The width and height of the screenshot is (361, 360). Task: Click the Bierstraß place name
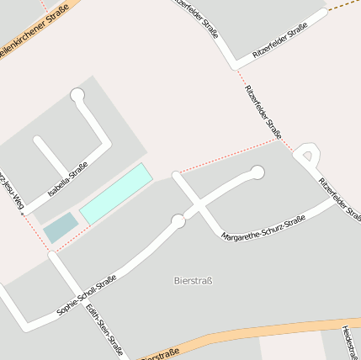(x=192, y=280)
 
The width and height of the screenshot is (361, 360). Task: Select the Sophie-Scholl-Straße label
(x=86, y=295)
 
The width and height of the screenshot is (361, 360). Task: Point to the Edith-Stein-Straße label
(x=104, y=330)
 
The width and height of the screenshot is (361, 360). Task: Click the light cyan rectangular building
(x=116, y=193)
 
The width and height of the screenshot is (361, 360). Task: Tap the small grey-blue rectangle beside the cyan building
(x=60, y=227)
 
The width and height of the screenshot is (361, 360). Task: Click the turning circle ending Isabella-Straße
(x=78, y=95)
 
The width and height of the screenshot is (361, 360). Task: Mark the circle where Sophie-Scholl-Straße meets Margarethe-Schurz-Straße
(x=178, y=221)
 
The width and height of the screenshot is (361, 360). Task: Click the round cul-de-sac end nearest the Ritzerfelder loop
(x=257, y=172)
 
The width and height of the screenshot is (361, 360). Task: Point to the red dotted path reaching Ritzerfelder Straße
(x=227, y=157)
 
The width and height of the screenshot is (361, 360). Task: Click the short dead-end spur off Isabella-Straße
(x=47, y=151)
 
